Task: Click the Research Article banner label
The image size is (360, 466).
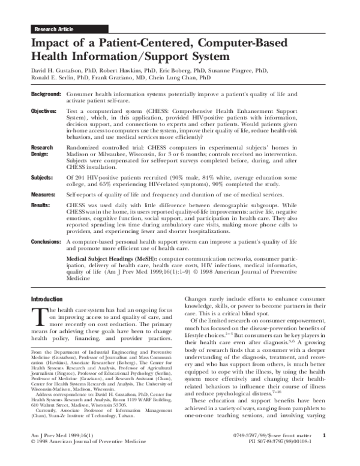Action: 55,29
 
